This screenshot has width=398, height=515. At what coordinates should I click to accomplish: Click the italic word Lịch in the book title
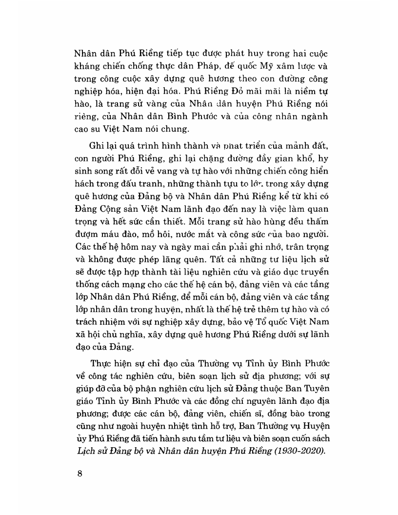(x=83, y=450)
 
